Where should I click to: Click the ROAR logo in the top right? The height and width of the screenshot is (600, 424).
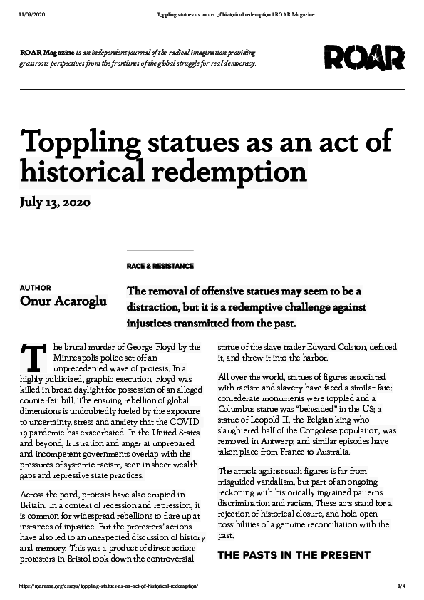pyautogui.click(x=363, y=57)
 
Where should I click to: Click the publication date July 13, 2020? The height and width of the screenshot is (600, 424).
pyautogui.click(x=55, y=202)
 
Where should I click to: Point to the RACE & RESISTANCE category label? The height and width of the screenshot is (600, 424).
pyautogui.click(x=160, y=266)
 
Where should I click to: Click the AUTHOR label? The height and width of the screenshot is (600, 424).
pyautogui.click(x=36, y=288)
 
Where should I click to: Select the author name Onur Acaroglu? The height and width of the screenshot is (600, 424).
pyautogui.click(x=63, y=301)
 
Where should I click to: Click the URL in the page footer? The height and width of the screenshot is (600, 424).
pyautogui.click(x=108, y=586)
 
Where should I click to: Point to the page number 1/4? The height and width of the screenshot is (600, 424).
pyautogui.click(x=400, y=586)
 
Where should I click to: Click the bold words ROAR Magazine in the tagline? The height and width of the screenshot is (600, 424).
pyautogui.click(x=44, y=53)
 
